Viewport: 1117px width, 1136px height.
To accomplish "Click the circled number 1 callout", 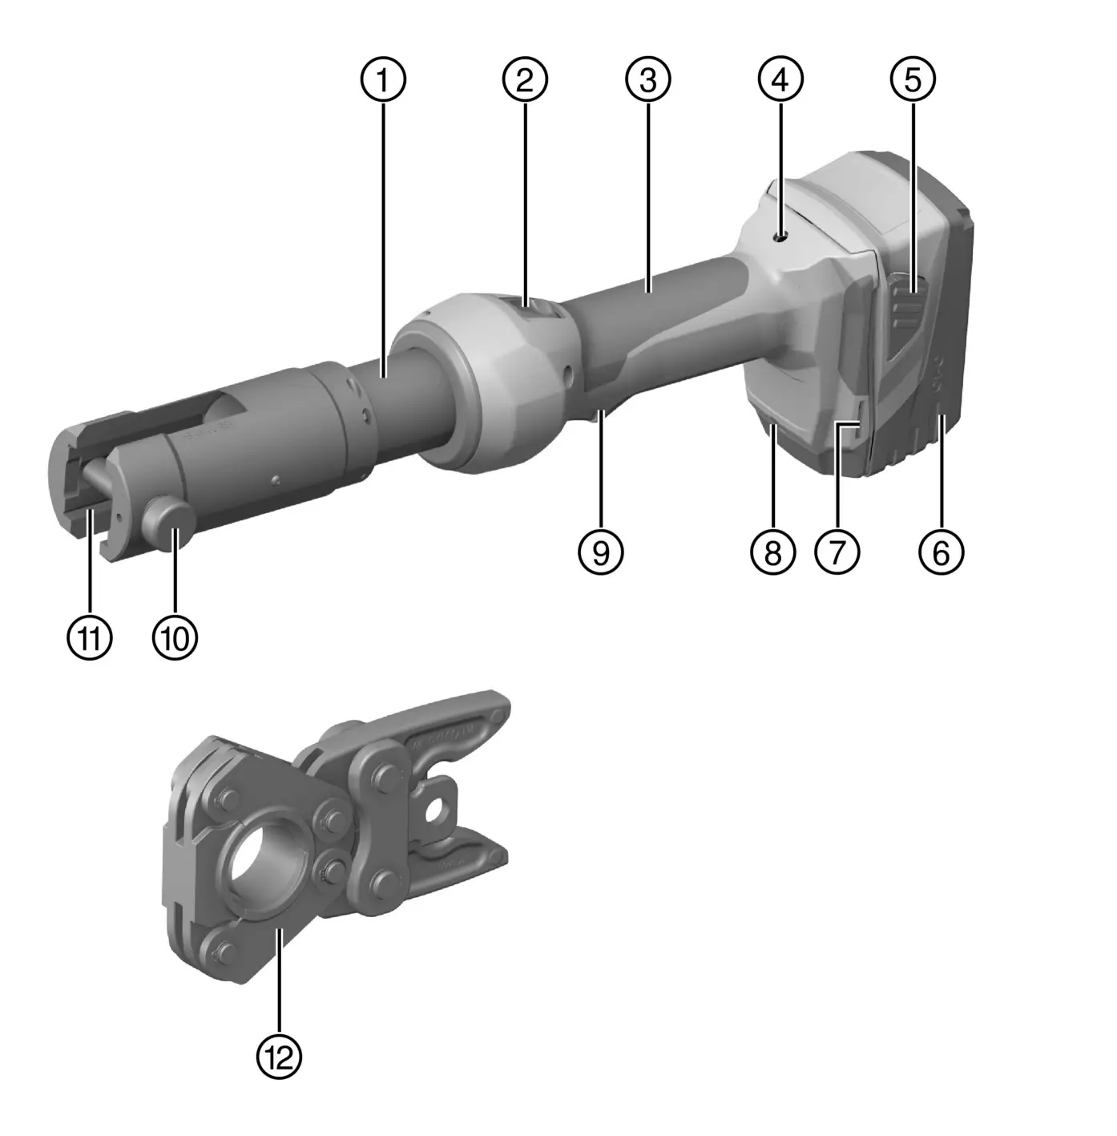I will coord(383,79).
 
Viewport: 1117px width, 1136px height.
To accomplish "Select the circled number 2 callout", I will coord(525,79).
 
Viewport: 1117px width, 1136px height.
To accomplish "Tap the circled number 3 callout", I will coord(648,79).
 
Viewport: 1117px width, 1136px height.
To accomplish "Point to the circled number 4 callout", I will coord(780,79).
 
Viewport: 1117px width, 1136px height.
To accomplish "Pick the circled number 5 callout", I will coord(913,79).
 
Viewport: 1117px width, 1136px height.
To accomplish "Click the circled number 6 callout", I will coord(942,552).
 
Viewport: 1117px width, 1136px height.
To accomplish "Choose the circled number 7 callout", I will coord(837,552).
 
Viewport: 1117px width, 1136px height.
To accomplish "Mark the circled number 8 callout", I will coord(773,552).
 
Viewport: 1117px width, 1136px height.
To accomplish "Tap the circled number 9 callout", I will coord(601,552).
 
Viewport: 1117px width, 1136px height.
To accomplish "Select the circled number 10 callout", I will coord(175,638).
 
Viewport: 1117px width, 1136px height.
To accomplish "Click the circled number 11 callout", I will coord(90,638).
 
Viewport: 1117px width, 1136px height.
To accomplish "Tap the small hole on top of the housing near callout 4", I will coord(781,236).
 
